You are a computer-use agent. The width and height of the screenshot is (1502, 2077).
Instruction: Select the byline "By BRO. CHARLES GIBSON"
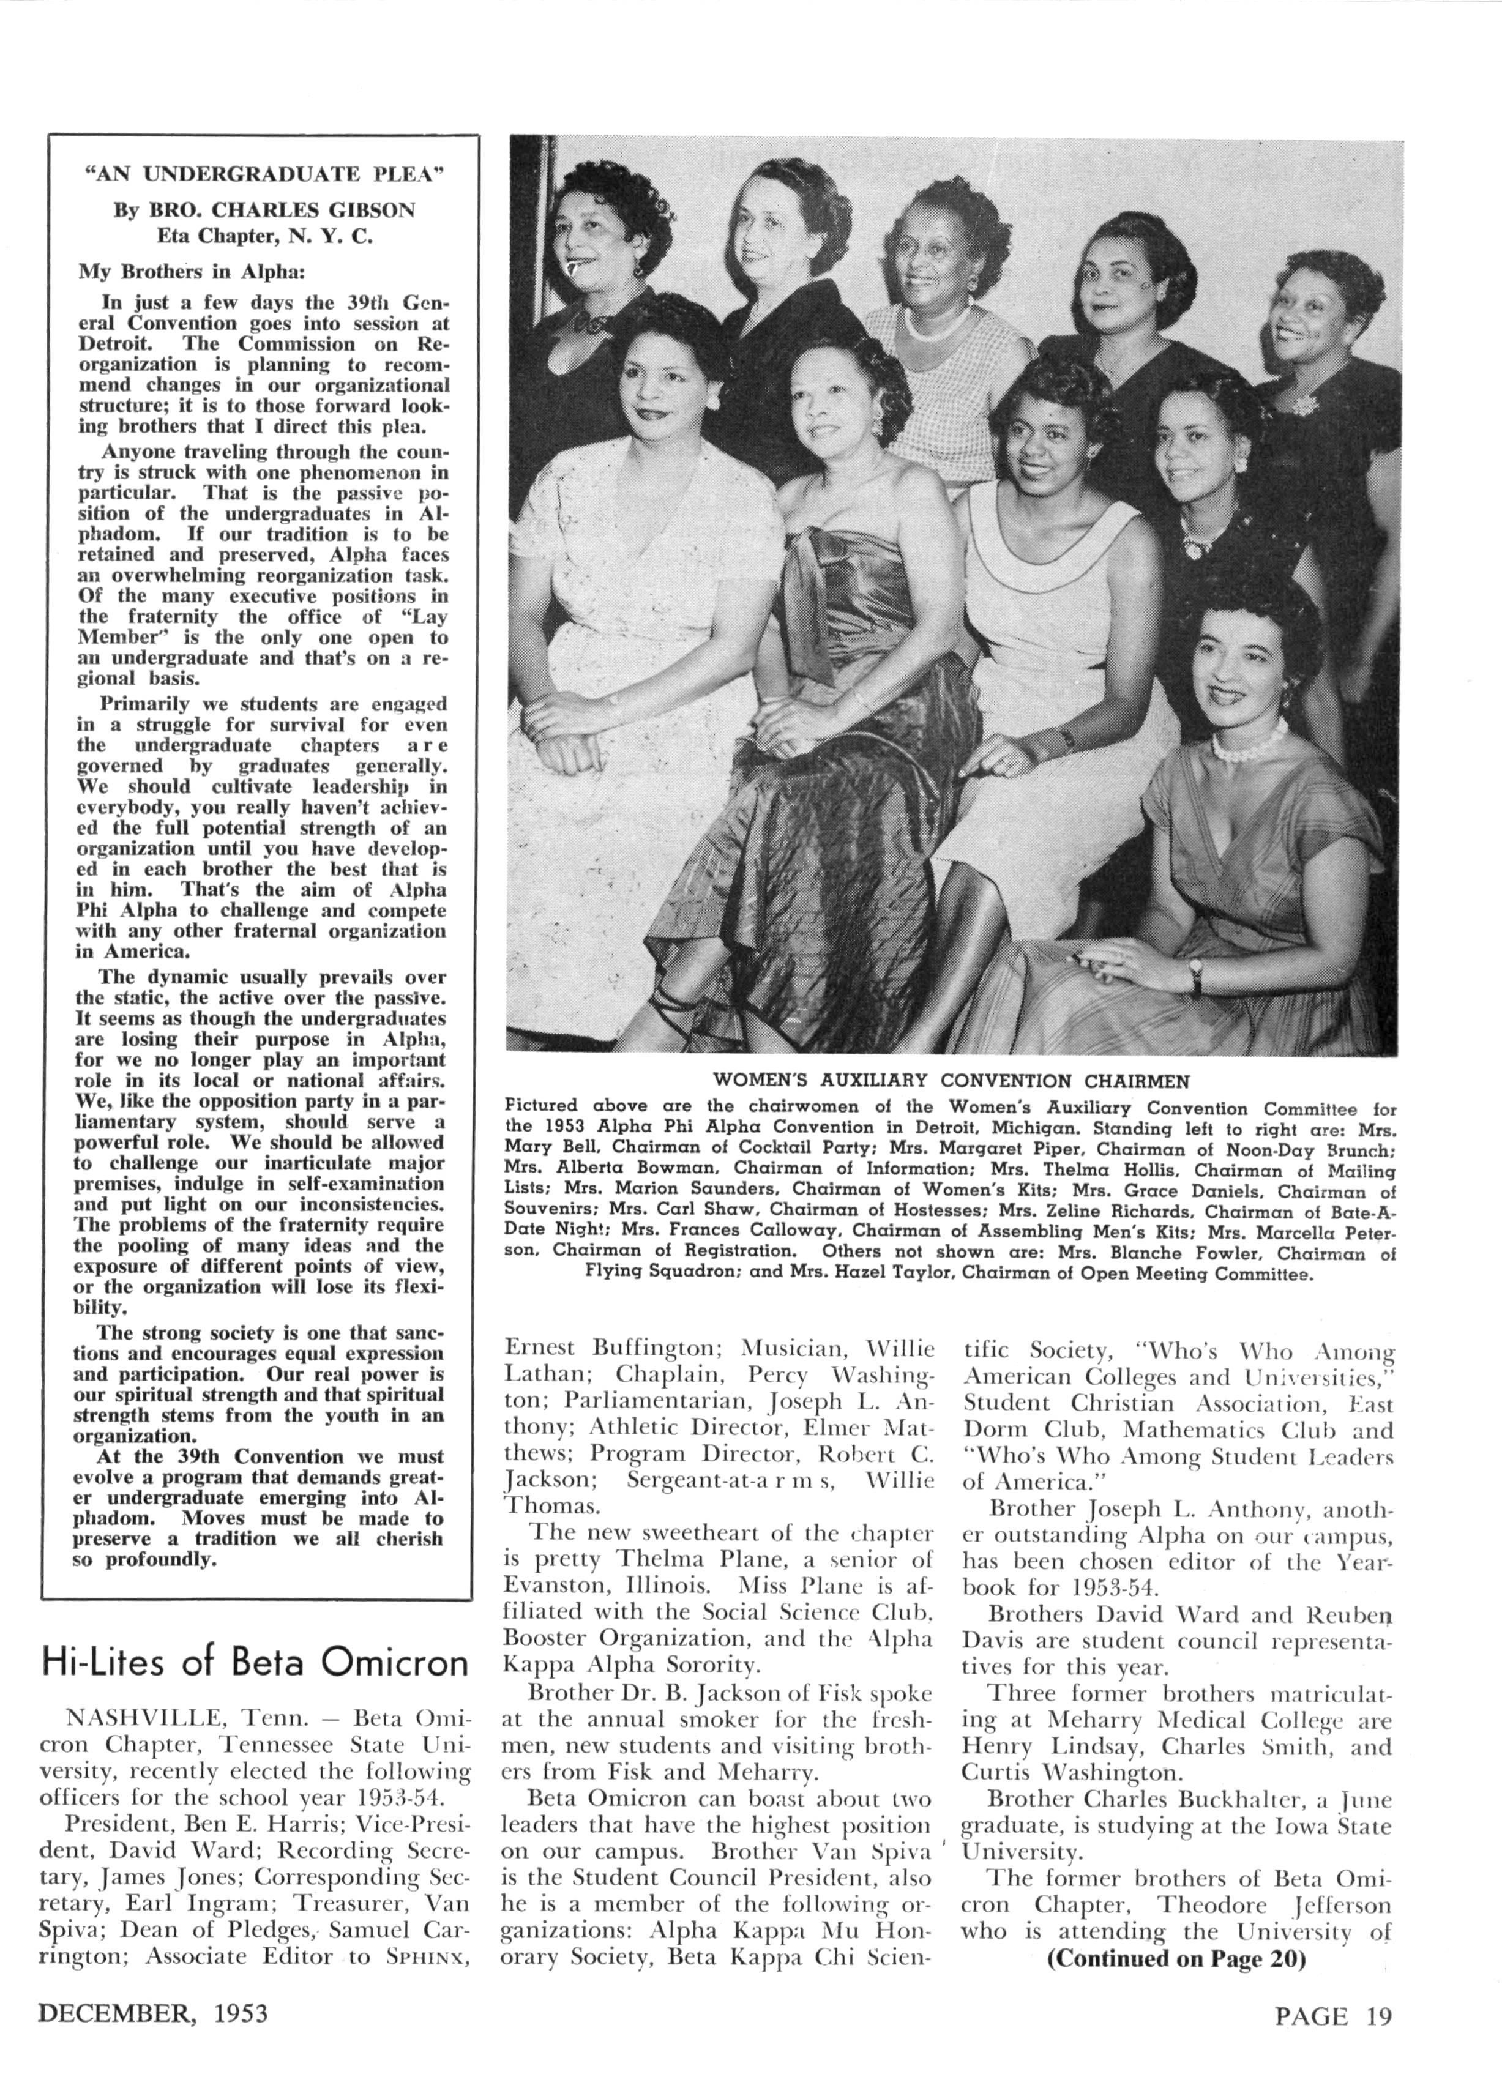coord(264,210)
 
